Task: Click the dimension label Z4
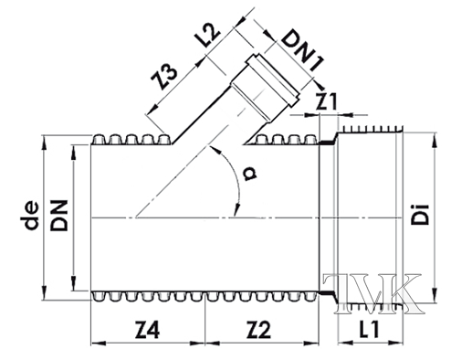(x=146, y=325)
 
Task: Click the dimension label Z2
(x=263, y=325)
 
